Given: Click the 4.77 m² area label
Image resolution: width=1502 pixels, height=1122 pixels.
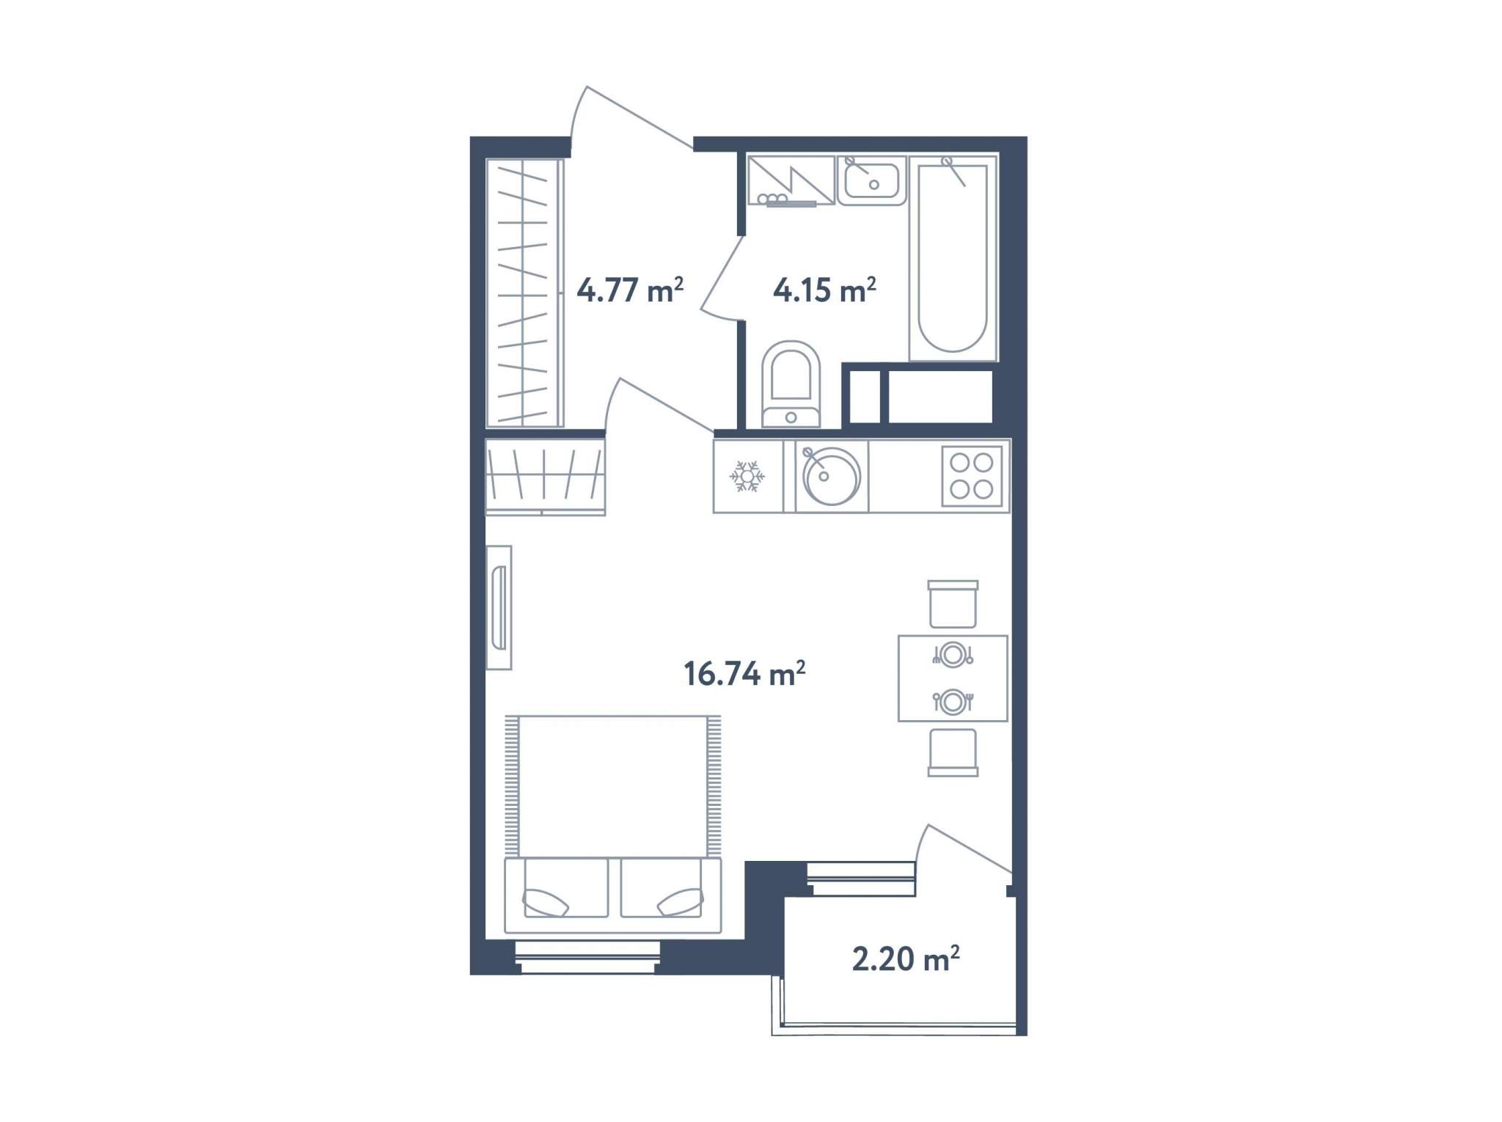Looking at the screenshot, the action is point(630,290).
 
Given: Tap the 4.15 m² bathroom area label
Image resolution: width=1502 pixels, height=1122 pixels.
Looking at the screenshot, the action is point(824,290).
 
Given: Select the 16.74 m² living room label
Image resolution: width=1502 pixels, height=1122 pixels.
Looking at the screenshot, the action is point(744,673).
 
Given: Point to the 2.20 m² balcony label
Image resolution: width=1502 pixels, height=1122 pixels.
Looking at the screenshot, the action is point(906,958).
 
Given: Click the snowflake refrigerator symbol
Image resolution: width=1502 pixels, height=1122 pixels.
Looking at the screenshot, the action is point(747,477).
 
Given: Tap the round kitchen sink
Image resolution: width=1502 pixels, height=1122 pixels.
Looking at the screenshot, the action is point(832,476).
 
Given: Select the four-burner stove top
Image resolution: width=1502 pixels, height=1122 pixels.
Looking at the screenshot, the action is point(972,476).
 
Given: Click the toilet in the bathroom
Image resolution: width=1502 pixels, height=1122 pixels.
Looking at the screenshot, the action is point(791,384).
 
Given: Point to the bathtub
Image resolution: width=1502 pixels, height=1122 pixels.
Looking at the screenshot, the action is point(953,257).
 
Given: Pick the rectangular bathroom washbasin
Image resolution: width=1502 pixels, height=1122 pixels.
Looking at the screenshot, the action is point(872,180).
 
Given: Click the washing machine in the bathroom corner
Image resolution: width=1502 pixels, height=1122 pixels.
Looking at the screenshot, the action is point(791,180).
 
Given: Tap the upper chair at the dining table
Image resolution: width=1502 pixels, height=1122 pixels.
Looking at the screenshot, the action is point(953,604).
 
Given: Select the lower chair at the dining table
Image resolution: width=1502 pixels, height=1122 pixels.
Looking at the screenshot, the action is point(953,752).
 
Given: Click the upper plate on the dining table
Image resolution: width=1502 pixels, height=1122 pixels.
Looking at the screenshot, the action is point(953,654).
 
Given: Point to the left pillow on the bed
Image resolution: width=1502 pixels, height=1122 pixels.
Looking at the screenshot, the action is point(545,903).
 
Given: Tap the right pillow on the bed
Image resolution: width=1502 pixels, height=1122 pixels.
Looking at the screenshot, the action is point(681,903).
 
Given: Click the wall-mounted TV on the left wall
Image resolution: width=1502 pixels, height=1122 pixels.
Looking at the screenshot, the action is point(499,607).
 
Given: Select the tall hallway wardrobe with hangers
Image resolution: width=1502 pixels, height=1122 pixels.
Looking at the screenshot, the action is point(524,293).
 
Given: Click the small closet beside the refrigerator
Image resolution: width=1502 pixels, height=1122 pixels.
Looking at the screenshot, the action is point(545,477).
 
